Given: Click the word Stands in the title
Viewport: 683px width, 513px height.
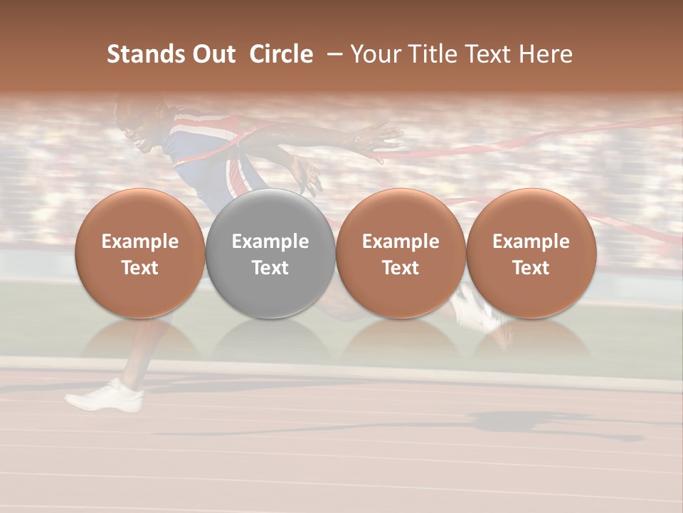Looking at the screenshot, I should (x=146, y=54).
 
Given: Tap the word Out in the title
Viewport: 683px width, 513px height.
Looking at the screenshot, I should (x=213, y=54).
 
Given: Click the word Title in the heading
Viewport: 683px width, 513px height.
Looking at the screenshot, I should (x=432, y=54).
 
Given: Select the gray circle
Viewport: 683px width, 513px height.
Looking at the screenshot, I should (x=270, y=254).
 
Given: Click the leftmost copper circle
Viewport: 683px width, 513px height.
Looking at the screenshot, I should (x=139, y=254).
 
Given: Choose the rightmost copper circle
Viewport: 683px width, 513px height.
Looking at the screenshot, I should (x=531, y=254).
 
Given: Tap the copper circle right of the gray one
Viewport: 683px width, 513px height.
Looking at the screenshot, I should (x=401, y=254).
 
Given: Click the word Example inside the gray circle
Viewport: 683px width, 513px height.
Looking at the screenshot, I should (x=270, y=242).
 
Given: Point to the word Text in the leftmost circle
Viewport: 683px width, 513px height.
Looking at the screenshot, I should (x=139, y=268).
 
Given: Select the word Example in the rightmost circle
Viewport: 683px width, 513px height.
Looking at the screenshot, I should (x=531, y=242).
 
